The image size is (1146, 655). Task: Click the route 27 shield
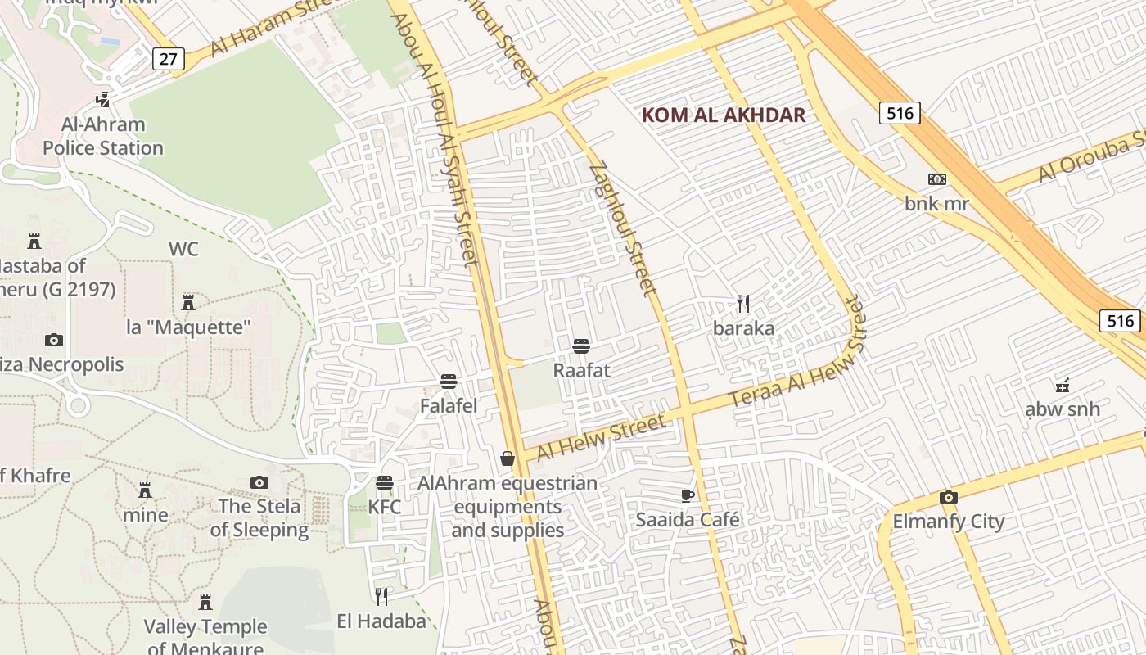[168, 59]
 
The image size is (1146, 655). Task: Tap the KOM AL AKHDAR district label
[724, 115]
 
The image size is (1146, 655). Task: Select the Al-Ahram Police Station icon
[103, 100]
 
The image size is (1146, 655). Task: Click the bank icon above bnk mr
[936, 179]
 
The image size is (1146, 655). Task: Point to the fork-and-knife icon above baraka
[743, 305]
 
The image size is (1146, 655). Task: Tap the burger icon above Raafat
[581, 346]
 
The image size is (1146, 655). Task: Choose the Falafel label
[449, 405]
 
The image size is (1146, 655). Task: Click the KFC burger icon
[385, 483]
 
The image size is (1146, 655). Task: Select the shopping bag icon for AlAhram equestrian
[508, 458]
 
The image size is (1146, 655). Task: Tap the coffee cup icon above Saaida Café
[688, 495]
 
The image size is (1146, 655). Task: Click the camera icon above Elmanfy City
[948, 497]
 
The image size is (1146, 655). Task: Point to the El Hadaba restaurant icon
[381, 596]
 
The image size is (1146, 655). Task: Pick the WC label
[183, 250]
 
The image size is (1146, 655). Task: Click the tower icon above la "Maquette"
[188, 303]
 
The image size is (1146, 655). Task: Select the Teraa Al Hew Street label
[797, 352]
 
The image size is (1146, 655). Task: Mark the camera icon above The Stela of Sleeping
[259, 482]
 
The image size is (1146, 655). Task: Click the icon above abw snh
[1063, 385]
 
